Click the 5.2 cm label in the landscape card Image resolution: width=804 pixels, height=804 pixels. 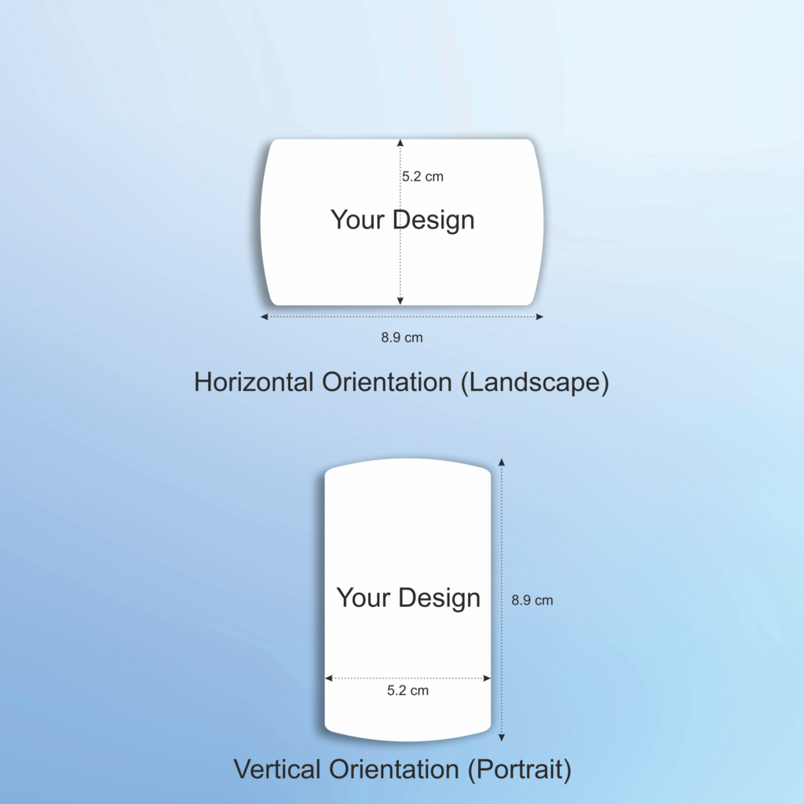pos(422,177)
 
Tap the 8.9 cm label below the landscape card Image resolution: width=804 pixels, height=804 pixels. pos(402,338)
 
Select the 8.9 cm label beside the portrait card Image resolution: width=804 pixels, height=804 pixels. pos(532,600)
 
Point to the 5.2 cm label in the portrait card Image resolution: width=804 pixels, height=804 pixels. pos(407,690)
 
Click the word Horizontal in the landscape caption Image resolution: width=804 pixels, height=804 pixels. pos(254,382)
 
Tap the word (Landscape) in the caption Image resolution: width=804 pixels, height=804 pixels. pos(535,382)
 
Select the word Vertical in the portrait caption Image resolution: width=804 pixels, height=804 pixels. pos(277,769)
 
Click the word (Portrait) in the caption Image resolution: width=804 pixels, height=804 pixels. pos(520,769)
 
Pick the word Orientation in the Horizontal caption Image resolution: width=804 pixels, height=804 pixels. pos(386,382)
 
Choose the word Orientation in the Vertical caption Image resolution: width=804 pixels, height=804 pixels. pos(394,769)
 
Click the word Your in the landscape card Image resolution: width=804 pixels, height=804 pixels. pos(357,220)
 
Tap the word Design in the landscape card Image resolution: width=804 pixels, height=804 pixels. pos(433,221)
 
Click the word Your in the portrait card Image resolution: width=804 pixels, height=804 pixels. pos(364,598)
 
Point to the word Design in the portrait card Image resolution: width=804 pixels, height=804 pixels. pos(440,598)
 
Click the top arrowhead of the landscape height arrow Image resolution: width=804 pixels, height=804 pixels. pos(400,143)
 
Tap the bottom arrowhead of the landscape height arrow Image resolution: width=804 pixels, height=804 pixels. pos(400,301)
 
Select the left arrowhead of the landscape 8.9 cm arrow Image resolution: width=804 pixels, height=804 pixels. pos(265,317)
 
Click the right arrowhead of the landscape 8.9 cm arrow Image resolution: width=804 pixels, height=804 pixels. pos(539,317)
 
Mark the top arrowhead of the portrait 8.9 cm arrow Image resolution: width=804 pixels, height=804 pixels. pos(502,462)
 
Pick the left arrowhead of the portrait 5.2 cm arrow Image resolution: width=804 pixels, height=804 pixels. pos(329,678)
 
